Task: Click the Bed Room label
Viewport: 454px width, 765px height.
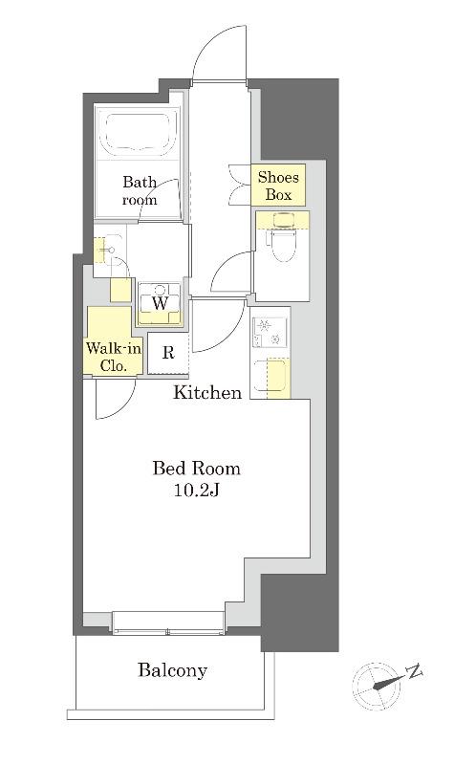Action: [x=196, y=469]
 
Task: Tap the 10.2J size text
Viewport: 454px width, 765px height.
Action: [x=196, y=491]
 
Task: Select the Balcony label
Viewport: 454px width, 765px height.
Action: [x=173, y=670]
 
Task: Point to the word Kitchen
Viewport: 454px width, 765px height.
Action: [x=207, y=392]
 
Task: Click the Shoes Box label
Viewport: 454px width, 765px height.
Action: [x=278, y=186]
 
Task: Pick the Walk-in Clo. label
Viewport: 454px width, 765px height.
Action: [x=114, y=357]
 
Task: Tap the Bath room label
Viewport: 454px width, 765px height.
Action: [x=140, y=190]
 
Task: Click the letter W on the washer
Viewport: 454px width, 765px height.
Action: [x=160, y=303]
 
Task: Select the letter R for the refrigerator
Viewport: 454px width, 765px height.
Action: [x=168, y=352]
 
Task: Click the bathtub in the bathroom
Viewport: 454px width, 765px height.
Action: [x=138, y=132]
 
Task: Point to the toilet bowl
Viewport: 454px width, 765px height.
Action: [x=281, y=243]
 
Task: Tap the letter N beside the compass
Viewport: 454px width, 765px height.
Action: [x=415, y=672]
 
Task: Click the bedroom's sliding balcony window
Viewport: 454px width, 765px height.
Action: [x=168, y=624]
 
